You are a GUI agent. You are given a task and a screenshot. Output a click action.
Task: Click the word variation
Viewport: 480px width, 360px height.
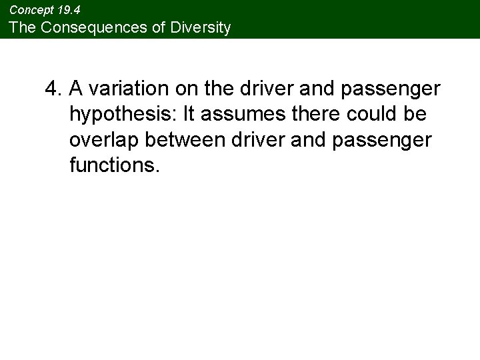click(123, 89)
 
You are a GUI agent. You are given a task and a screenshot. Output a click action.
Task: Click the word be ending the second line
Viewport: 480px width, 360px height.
click(417, 114)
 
